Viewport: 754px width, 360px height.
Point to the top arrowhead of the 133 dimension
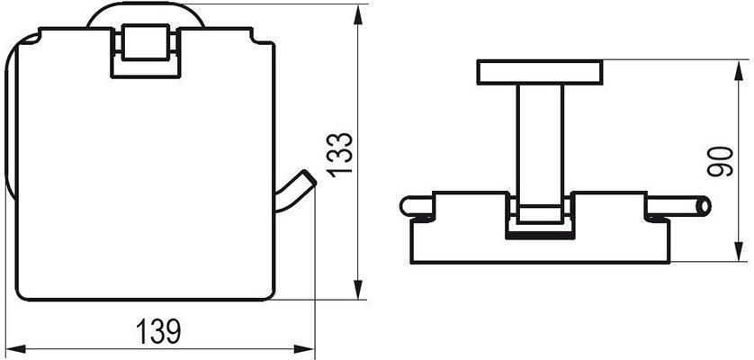click(360, 11)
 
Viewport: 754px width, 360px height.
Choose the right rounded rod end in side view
click(704, 206)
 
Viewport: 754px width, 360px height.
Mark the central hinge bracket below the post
click(540, 220)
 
